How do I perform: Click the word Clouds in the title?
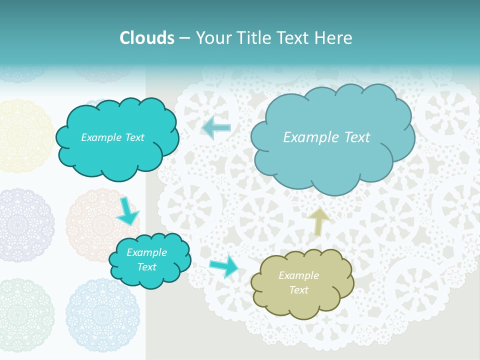coord(147,38)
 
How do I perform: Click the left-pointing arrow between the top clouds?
coord(216,127)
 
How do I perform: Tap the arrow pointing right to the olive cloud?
coord(224,266)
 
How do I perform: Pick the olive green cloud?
coord(301,282)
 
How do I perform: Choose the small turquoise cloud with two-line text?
coord(150,260)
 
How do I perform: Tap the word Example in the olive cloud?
coord(298,275)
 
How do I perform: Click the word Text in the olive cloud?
coord(298,290)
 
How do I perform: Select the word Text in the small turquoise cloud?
coord(146,267)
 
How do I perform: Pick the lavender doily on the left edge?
coord(25,225)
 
